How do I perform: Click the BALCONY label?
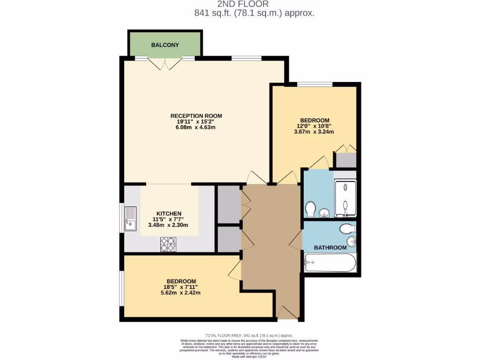tap(165, 45)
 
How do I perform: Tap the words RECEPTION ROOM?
tap(196, 116)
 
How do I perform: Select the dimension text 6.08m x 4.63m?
tap(196, 127)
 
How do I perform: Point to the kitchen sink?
tap(130, 219)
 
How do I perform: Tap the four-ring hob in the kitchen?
tap(168, 244)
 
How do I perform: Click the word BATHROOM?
tap(330, 247)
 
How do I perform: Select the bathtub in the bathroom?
tap(330, 263)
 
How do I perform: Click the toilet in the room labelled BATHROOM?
tap(347, 229)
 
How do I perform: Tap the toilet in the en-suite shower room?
tap(310, 208)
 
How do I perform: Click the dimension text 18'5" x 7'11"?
tap(180, 287)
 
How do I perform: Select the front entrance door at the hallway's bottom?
tap(287, 313)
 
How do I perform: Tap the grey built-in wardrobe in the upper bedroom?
tap(345, 160)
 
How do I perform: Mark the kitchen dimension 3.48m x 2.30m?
tap(168, 225)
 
